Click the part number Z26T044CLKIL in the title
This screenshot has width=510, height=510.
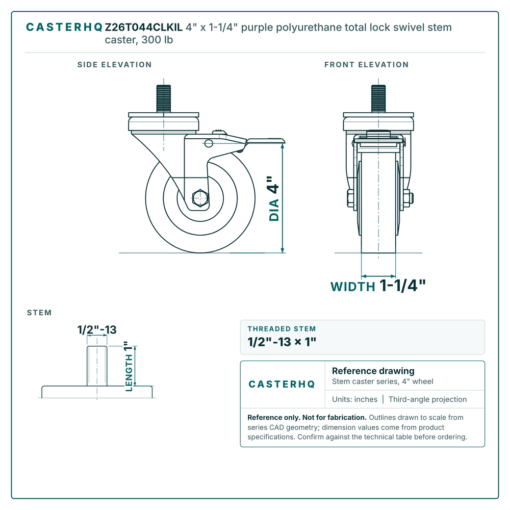(x=143, y=28)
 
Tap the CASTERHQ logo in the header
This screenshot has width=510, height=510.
(x=64, y=28)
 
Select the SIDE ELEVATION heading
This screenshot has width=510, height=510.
(x=114, y=65)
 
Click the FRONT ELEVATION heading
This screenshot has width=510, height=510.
(x=367, y=65)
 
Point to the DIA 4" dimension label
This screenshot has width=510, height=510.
(x=274, y=199)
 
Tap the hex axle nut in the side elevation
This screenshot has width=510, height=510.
(x=200, y=198)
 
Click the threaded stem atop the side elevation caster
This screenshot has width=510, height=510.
(x=164, y=98)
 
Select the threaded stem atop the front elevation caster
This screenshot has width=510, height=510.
(x=378, y=98)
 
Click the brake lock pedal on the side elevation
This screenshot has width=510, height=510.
(x=265, y=141)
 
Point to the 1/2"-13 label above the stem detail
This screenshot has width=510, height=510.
(x=97, y=330)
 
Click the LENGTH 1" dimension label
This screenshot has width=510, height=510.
(x=129, y=366)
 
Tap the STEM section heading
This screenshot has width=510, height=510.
(x=39, y=313)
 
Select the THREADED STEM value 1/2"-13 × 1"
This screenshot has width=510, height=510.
(x=282, y=342)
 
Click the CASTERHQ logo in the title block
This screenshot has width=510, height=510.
(x=282, y=385)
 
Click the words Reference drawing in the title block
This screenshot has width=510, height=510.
(x=373, y=371)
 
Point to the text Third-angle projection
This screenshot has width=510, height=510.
(x=427, y=399)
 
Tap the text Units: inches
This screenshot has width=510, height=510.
(x=354, y=399)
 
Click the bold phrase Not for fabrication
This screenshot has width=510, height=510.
(x=335, y=417)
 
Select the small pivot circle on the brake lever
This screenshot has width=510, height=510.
(x=209, y=143)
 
